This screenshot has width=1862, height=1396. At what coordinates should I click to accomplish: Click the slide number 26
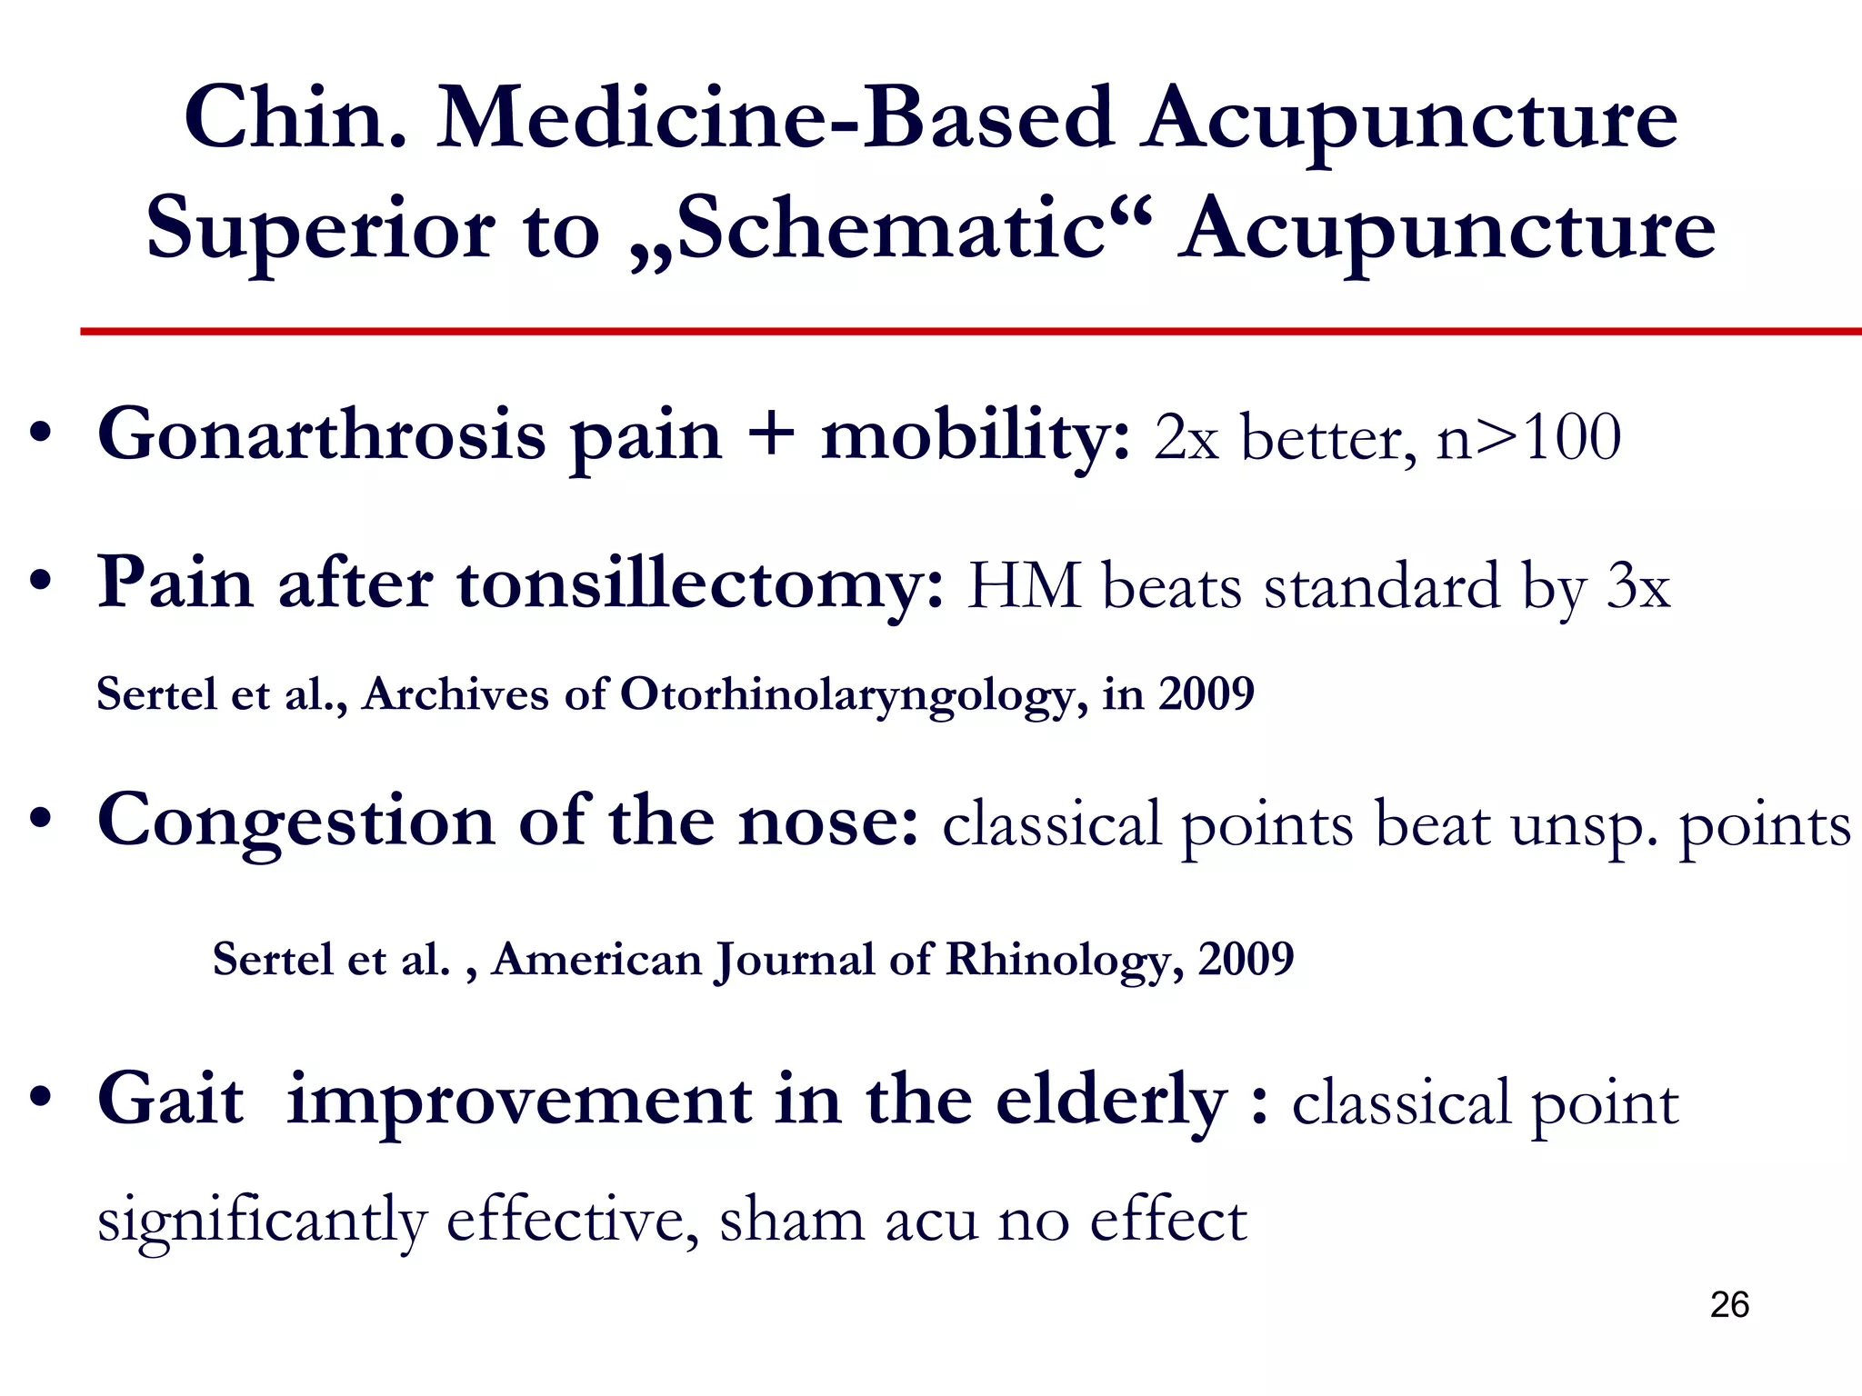1729,1305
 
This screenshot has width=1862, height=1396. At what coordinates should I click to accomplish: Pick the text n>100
1528,438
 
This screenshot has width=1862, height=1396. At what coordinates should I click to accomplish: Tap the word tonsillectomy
700,584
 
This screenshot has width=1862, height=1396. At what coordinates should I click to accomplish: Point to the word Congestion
296,822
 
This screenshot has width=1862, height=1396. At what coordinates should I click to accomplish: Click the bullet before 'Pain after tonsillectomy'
38,582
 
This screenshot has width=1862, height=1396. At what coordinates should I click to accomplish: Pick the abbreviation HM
1024,587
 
